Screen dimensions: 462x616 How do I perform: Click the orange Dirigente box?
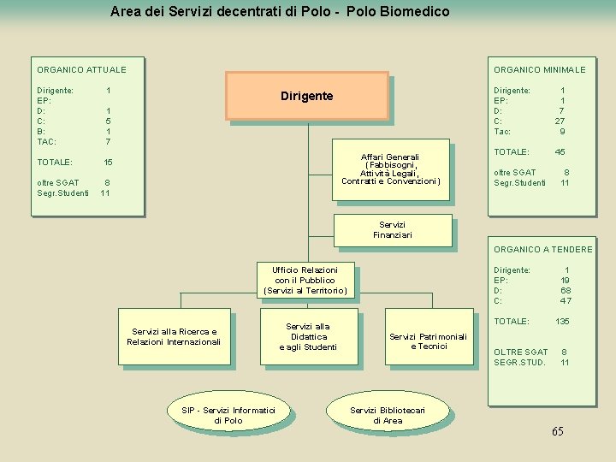(306, 96)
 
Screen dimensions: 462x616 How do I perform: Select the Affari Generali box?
(390, 169)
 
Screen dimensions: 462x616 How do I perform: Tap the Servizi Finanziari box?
(392, 229)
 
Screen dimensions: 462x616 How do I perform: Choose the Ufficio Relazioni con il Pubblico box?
(305, 280)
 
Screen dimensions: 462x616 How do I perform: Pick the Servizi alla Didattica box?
(308, 336)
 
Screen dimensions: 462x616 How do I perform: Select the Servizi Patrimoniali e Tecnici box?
(428, 341)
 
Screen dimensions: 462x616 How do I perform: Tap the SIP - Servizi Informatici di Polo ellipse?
(228, 415)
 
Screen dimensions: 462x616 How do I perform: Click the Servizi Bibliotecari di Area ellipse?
(388, 415)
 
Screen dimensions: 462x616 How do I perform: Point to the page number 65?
(557, 431)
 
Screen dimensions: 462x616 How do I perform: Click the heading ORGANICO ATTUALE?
(81, 69)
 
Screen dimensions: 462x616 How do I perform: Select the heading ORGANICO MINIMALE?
(539, 69)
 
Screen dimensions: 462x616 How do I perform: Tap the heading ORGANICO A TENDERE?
(542, 249)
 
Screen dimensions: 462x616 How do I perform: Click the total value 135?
(562, 322)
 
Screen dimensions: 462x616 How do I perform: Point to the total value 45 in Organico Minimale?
(560, 151)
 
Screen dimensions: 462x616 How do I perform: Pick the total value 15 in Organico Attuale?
(108, 162)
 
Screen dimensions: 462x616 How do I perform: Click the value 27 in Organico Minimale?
(560, 121)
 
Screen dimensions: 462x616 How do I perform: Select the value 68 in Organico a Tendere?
(565, 290)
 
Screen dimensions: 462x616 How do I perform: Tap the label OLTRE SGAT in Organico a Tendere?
(520, 352)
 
